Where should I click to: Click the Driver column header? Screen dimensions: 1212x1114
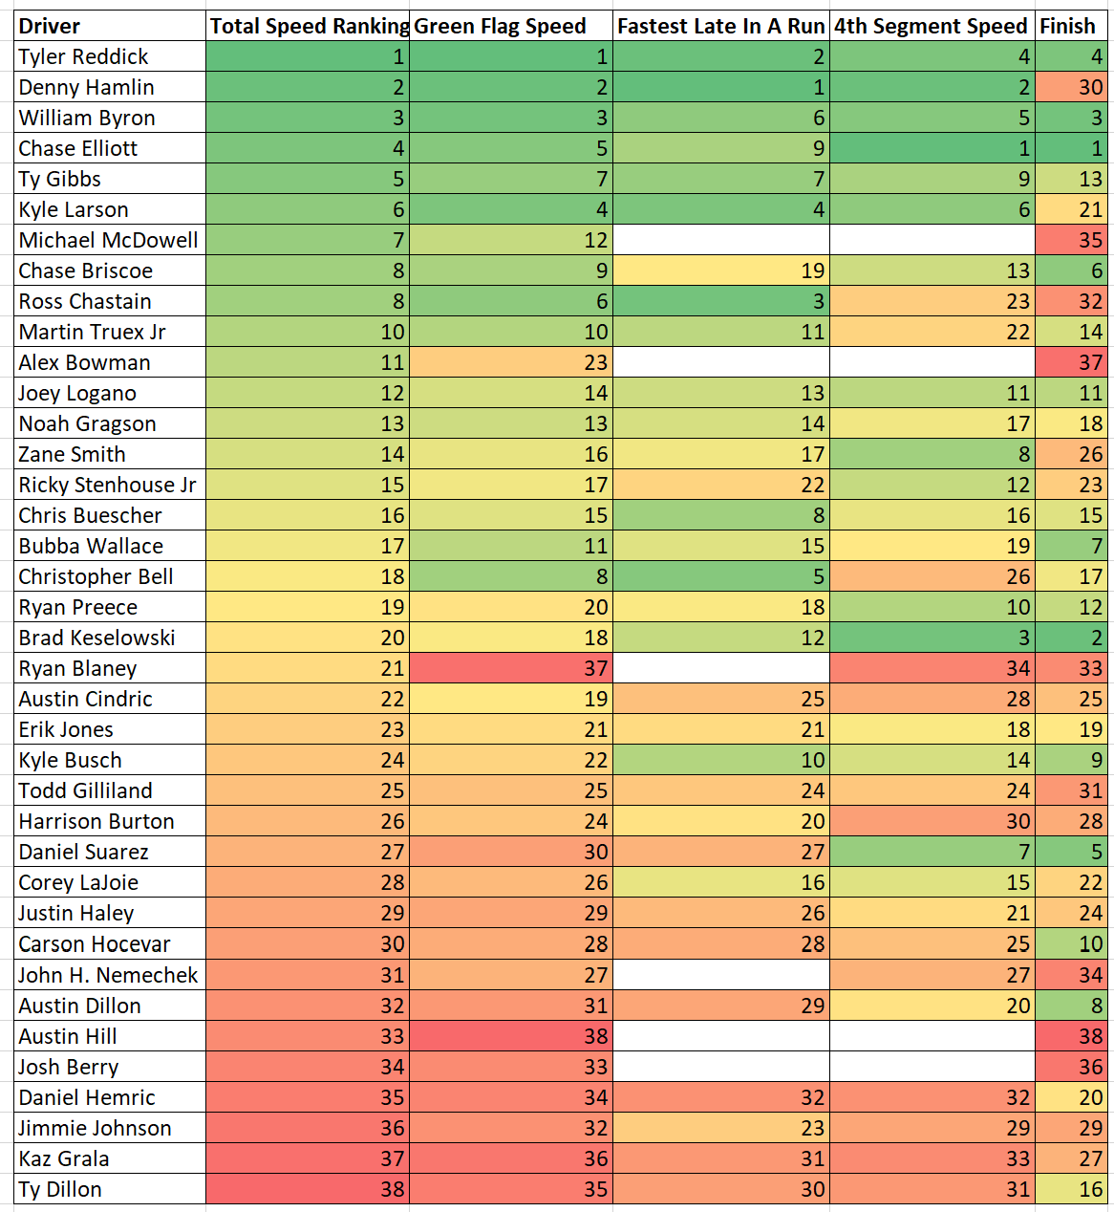(50, 26)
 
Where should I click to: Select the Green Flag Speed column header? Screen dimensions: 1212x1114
(500, 26)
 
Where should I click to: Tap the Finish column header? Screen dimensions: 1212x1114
(1068, 26)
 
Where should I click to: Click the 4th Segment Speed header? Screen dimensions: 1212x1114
(931, 26)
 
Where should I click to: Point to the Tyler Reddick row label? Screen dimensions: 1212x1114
(84, 56)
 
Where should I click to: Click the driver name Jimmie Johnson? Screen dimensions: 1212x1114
(95, 1128)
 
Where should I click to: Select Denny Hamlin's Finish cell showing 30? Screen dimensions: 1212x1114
(1071, 87)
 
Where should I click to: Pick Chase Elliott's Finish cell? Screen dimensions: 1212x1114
(1071, 148)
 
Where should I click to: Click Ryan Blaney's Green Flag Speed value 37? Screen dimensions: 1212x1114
(511, 668)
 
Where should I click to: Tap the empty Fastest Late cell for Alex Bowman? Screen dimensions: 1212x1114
(721, 362)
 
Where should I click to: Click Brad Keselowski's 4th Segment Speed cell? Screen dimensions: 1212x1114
(932, 638)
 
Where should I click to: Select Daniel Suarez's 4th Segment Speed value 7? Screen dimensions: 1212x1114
(932, 852)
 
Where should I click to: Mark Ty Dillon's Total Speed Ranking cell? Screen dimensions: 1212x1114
(308, 1189)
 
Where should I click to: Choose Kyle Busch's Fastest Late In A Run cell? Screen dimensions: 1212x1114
(721, 760)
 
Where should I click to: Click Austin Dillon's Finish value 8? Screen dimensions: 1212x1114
(1071, 1006)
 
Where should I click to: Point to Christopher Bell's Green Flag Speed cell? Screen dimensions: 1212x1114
(511, 576)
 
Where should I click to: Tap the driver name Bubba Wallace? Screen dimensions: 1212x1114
(91, 546)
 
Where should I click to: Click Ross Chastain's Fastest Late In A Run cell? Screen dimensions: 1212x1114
(721, 301)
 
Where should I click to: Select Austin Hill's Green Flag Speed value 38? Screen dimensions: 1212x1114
(511, 1036)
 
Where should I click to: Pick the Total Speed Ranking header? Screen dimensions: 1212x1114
(308, 26)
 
